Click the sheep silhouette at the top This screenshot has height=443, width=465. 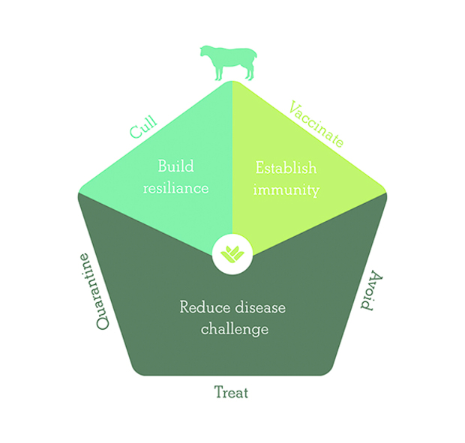click(x=228, y=63)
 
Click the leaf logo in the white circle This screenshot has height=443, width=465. click(x=232, y=255)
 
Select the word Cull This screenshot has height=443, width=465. click(x=143, y=127)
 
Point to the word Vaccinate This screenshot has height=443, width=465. click(x=316, y=124)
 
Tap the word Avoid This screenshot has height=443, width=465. click(x=371, y=290)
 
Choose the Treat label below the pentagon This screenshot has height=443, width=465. click(x=231, y=392)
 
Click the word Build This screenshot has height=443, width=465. click(x=175, y=166)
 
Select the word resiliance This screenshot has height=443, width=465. click(x=175, y=188)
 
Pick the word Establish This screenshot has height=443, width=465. click(x=286, y=168)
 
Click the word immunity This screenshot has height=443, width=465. click(x=286, y=190)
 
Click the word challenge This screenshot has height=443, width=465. click(x=235, y=329)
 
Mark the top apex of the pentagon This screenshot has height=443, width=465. click(x=232, y=81)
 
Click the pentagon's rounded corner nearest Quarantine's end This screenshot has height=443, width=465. click(x=79, y=194)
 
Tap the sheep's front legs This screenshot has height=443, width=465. click(x=218, y=72)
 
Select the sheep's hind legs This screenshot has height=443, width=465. click(x=250, y=72)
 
